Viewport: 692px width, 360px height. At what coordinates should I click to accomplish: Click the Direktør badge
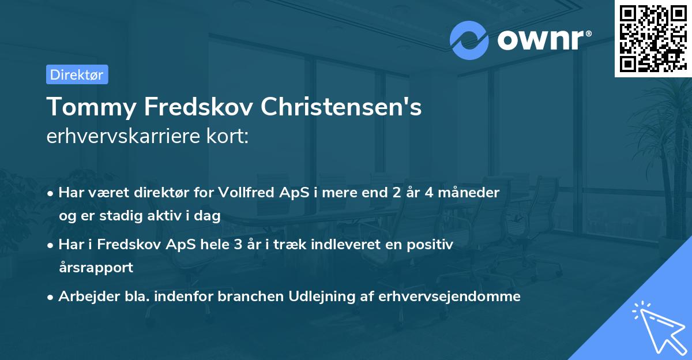click(77, 74)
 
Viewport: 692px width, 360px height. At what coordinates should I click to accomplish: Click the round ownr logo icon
click(469, 40)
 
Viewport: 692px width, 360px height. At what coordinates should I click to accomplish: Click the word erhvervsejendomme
click(450, 297)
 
